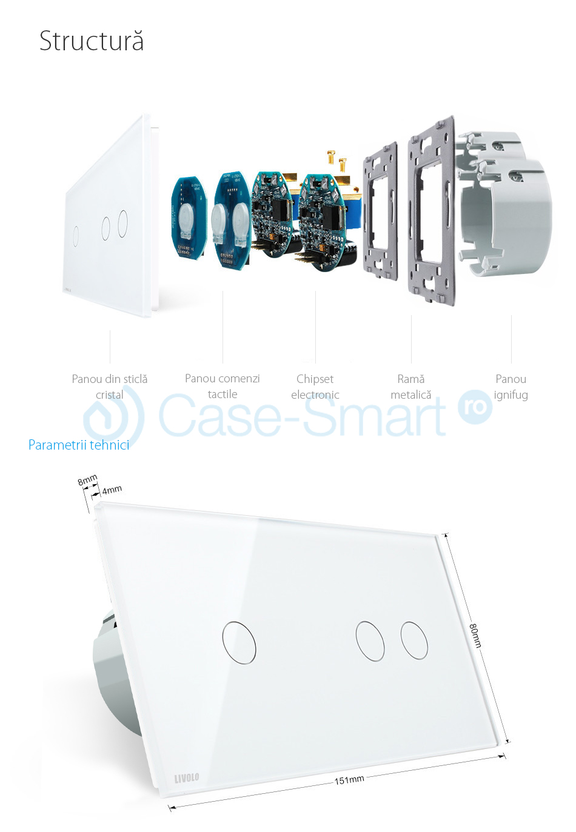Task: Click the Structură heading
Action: (x=91, y=41)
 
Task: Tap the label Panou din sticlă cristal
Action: (x=110, y=387)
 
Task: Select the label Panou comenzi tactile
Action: (x=223, y=386)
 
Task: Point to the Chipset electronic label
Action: (x=315, y=387)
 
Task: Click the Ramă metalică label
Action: (x=410, y=387)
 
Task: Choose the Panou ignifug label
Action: (x=511, y=387)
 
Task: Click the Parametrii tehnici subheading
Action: (x=79, y=445)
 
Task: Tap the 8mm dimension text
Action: (x=87, y=479)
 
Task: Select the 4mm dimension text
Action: (x=112, y=490)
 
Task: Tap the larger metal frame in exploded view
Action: (x=432, y=210)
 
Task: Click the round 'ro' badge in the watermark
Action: (x=475, y=407)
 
